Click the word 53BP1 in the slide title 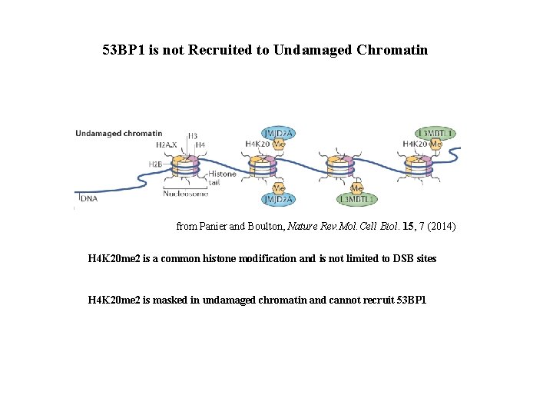point(124,51)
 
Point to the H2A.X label point(166,144)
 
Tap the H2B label point(155,164)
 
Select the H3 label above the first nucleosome point(192,136)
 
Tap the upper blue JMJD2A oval point(279,133)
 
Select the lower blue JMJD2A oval point(279,200)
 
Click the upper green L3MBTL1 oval point(435,133)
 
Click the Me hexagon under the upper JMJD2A point(280,144)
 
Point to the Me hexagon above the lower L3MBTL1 point(356,188)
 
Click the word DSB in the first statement point(394,259)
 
